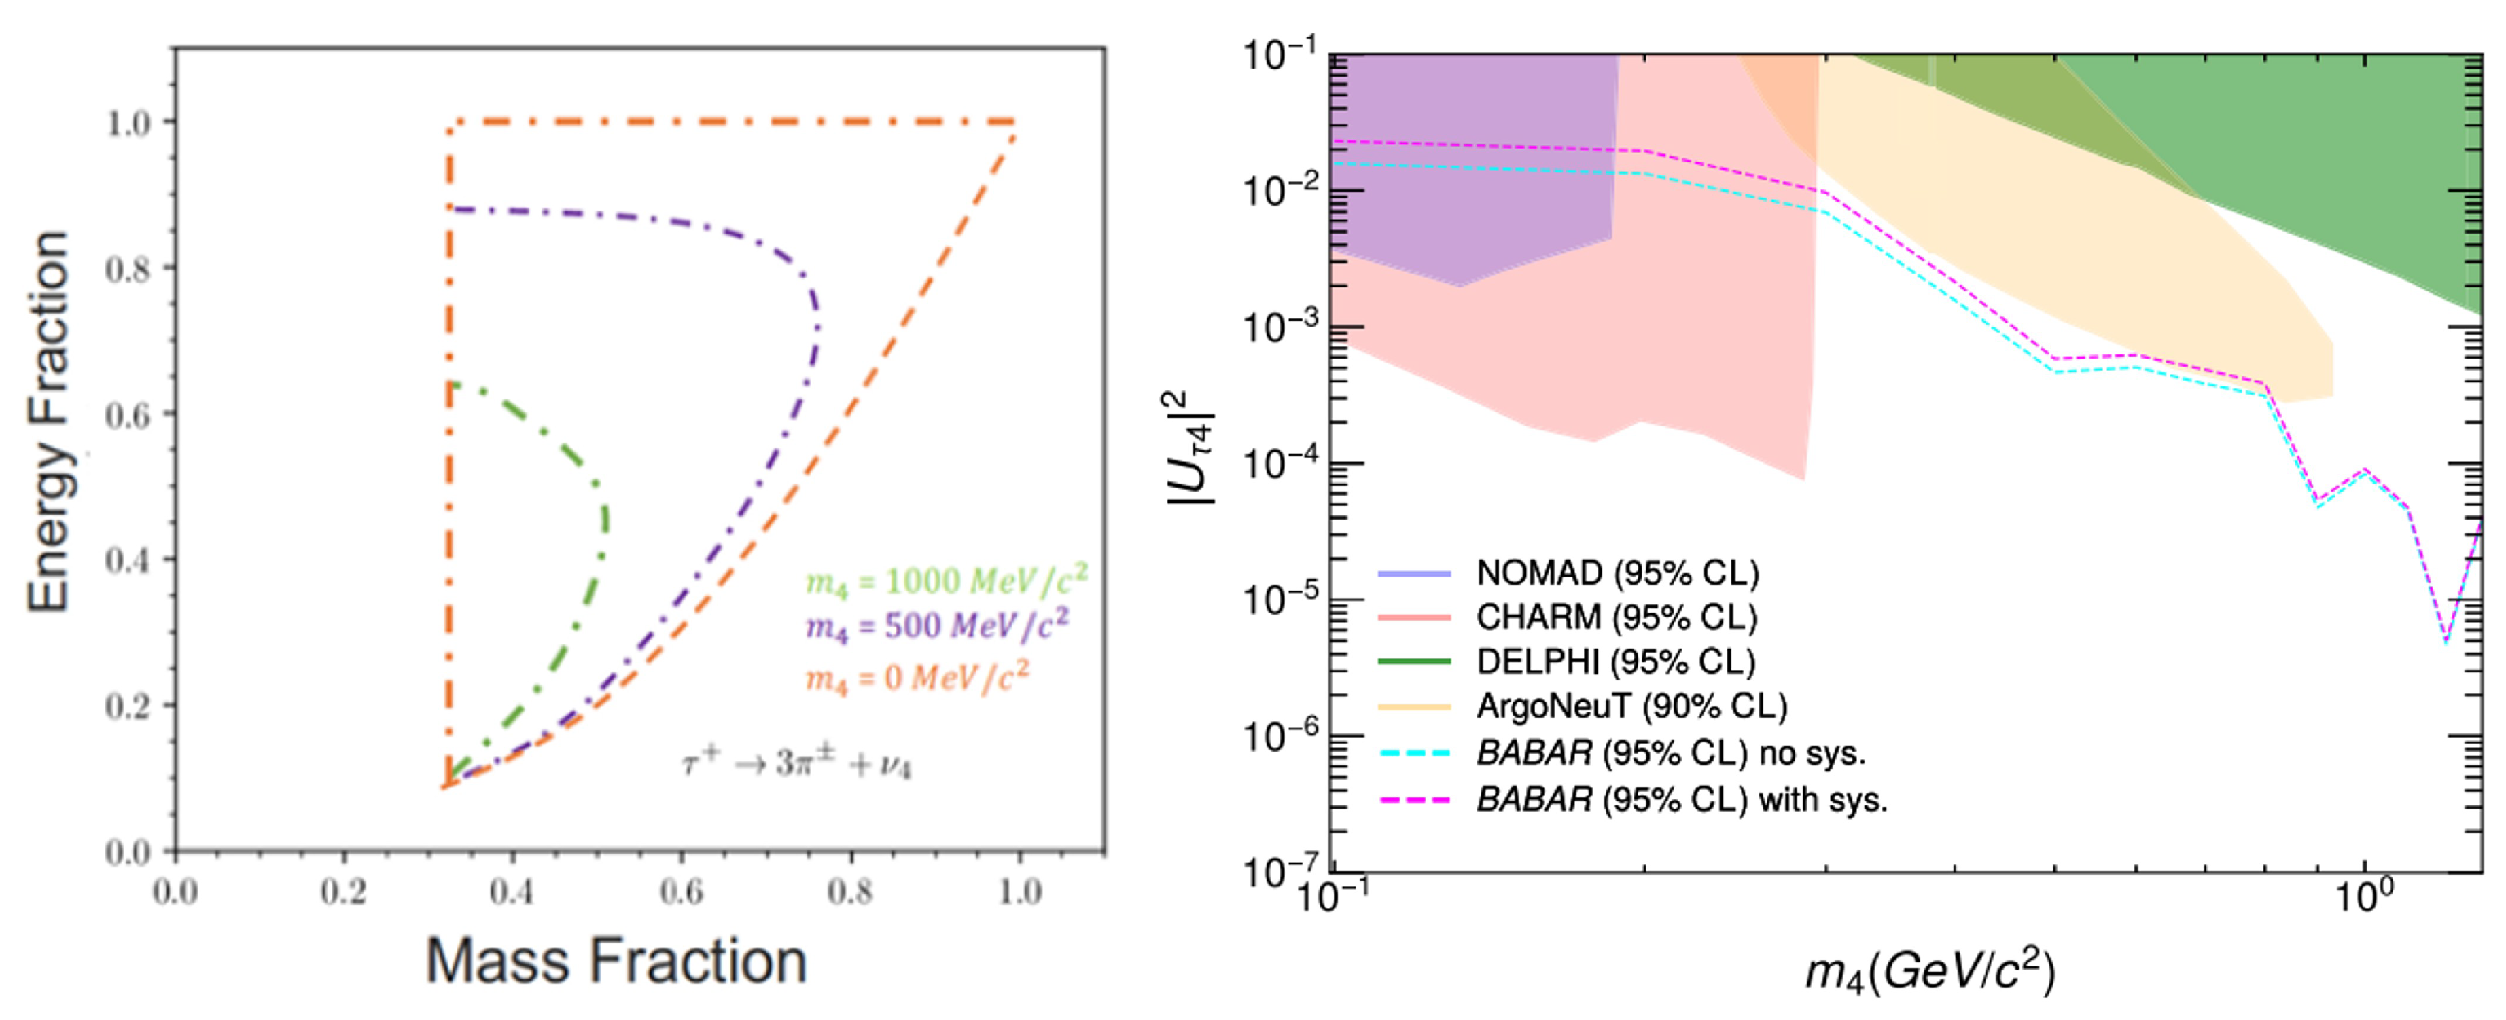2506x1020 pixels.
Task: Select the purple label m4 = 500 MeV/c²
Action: click(936, 625)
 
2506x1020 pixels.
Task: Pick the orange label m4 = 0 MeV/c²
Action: click(917, 677)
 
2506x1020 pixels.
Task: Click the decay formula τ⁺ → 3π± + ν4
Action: click(796, 764)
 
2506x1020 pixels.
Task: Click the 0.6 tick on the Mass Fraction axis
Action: click(680, 892)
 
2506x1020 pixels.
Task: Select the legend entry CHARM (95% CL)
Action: click(1616, 617)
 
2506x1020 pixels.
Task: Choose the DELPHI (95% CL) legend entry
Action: click(1615, 661)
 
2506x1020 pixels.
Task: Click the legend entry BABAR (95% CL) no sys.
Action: click(1670, 752)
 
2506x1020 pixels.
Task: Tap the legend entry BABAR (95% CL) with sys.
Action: click(1681, 799)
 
